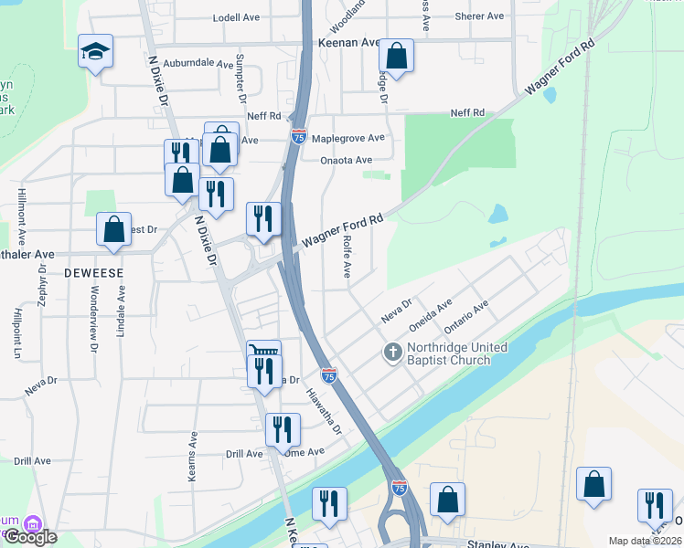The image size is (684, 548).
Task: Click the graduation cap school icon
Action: point(95,51)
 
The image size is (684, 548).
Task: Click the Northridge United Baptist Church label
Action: point(449,353)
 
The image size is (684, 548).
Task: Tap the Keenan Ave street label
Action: point(348,42)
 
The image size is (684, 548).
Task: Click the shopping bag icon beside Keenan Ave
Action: point(396,56)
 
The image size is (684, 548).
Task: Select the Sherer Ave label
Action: point(480,16)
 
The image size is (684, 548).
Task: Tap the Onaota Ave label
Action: point(347,160)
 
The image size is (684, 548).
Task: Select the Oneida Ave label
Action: point(431,315)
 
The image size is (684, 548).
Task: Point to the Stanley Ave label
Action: point(497,545)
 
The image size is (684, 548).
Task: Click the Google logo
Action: point(29,537)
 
